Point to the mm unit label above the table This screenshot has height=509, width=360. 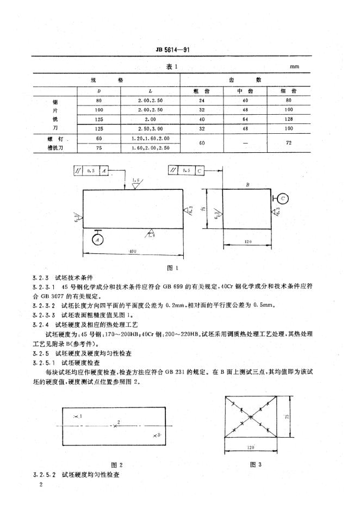295,67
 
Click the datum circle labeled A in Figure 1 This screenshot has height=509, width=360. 97,238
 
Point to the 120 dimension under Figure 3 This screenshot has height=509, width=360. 251,447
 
